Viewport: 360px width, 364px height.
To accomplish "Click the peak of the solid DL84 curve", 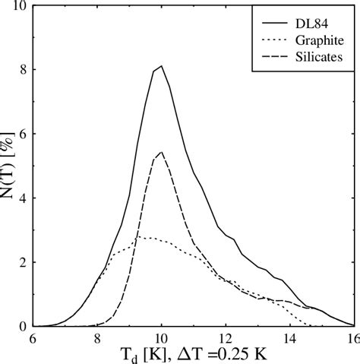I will point(161,66).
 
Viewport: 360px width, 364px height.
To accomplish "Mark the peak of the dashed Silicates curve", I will point(161,153).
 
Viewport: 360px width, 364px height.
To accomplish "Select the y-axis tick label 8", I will point(24,70).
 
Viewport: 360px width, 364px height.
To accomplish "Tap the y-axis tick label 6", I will point(24,134).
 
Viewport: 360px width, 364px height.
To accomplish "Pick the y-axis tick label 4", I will point(24,198).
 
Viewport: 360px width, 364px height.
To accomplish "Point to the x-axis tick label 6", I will point(33,338).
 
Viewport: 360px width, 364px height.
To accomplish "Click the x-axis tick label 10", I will point(161,338).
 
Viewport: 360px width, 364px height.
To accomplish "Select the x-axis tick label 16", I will point(351,338).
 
